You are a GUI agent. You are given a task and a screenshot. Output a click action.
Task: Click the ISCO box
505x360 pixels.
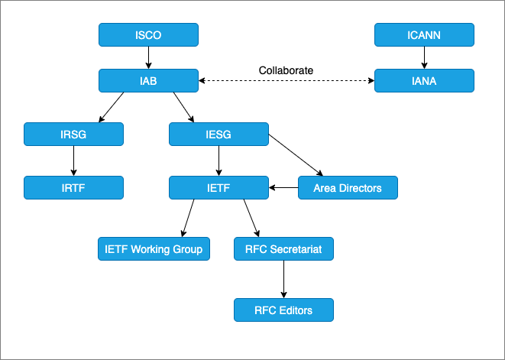[x=148, y=34]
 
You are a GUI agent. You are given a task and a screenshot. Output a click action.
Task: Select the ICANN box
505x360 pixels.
[x=424, y=34]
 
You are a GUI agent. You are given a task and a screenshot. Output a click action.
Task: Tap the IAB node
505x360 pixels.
[x=148, y=80]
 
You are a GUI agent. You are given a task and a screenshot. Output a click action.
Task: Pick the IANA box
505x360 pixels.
[x=424, y=80]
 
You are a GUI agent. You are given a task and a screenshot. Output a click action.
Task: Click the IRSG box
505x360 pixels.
[x=73, y=135]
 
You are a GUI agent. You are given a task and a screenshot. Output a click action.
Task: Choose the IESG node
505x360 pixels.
[x=219, y=135]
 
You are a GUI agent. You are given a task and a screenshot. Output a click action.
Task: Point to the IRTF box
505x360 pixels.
[x=73, y=187]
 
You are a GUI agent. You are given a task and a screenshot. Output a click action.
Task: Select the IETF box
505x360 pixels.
[x=219, y=187]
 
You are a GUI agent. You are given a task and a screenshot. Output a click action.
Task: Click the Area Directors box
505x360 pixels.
[x=348, y=187]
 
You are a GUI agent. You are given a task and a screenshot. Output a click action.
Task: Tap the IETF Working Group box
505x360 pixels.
[x=153, y=249]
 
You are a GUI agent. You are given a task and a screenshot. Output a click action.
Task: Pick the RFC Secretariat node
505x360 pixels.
[x=283, y=249]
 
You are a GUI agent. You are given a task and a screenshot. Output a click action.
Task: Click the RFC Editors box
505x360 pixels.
[x=283, y=310]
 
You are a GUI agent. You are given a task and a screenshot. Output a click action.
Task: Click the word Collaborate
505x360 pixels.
[x=286, y=70]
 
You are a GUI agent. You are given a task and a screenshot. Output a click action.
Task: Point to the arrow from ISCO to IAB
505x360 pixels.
[x=148, y=57]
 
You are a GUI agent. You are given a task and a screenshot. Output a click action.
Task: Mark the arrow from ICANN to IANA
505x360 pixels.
[x=424, y=57]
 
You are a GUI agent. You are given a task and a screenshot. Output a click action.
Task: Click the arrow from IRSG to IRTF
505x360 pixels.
[x=73, y=161]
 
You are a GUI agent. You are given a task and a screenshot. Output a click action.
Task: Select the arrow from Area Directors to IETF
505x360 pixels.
[x=283, y=187]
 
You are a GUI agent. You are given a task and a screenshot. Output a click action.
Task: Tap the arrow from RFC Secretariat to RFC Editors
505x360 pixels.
[x=283, y=279]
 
